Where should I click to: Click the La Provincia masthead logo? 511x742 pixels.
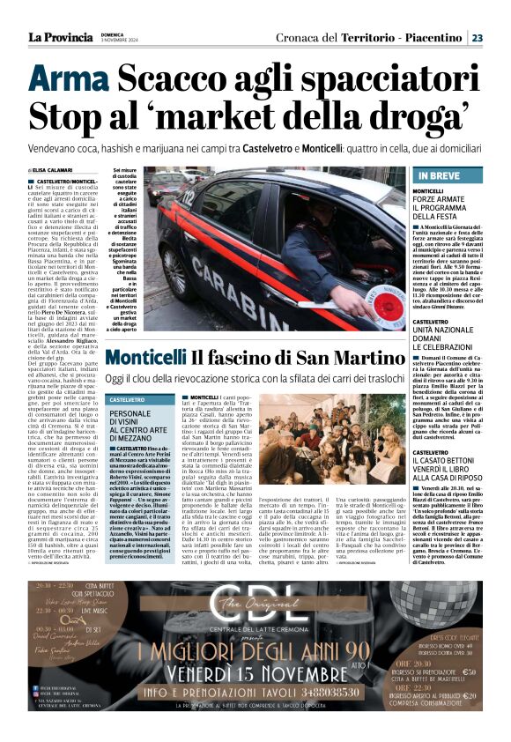click(60, 37)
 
